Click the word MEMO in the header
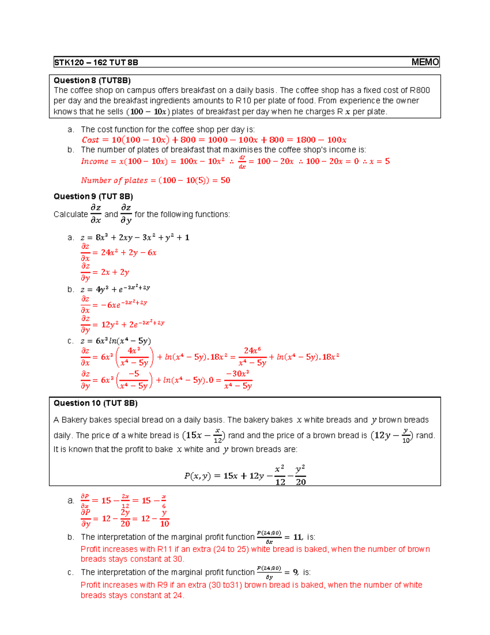[425, 62]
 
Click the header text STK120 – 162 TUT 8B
[96, 63]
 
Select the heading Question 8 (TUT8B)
[92, 80]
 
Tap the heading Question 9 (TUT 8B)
[93, 196]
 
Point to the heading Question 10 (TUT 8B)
[96, 403]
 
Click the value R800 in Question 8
[420, 90]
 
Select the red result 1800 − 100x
[321, 140]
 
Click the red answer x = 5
[379, 162]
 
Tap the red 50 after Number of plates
[225, 180]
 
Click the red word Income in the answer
[94, 162]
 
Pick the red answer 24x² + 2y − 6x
[129, 253]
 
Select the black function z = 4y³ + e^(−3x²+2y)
[115, 289]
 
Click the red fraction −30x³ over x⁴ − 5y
[238, 380]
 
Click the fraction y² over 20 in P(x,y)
[301, 476]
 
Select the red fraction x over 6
[164, 501]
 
